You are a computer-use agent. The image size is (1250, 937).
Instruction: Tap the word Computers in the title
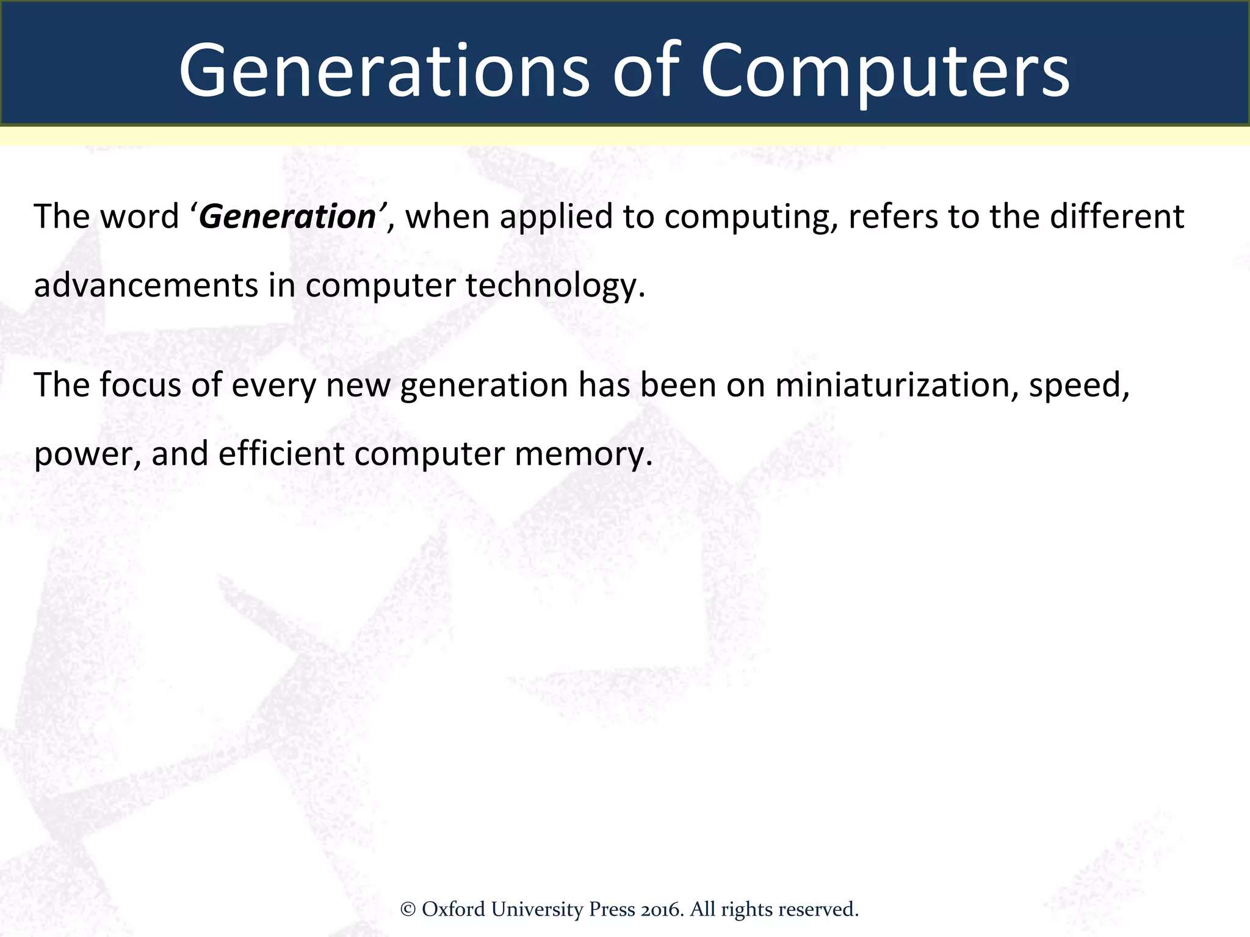pos(884,71)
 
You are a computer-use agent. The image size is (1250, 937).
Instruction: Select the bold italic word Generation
pos(287,217)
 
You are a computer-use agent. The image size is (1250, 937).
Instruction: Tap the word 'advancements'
pos(146,285)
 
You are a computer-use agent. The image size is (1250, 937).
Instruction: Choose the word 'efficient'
pos(281,454)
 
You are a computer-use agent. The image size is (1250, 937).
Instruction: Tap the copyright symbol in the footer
pos(408,910)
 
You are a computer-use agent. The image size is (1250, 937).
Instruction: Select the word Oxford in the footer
pos(453,910)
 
